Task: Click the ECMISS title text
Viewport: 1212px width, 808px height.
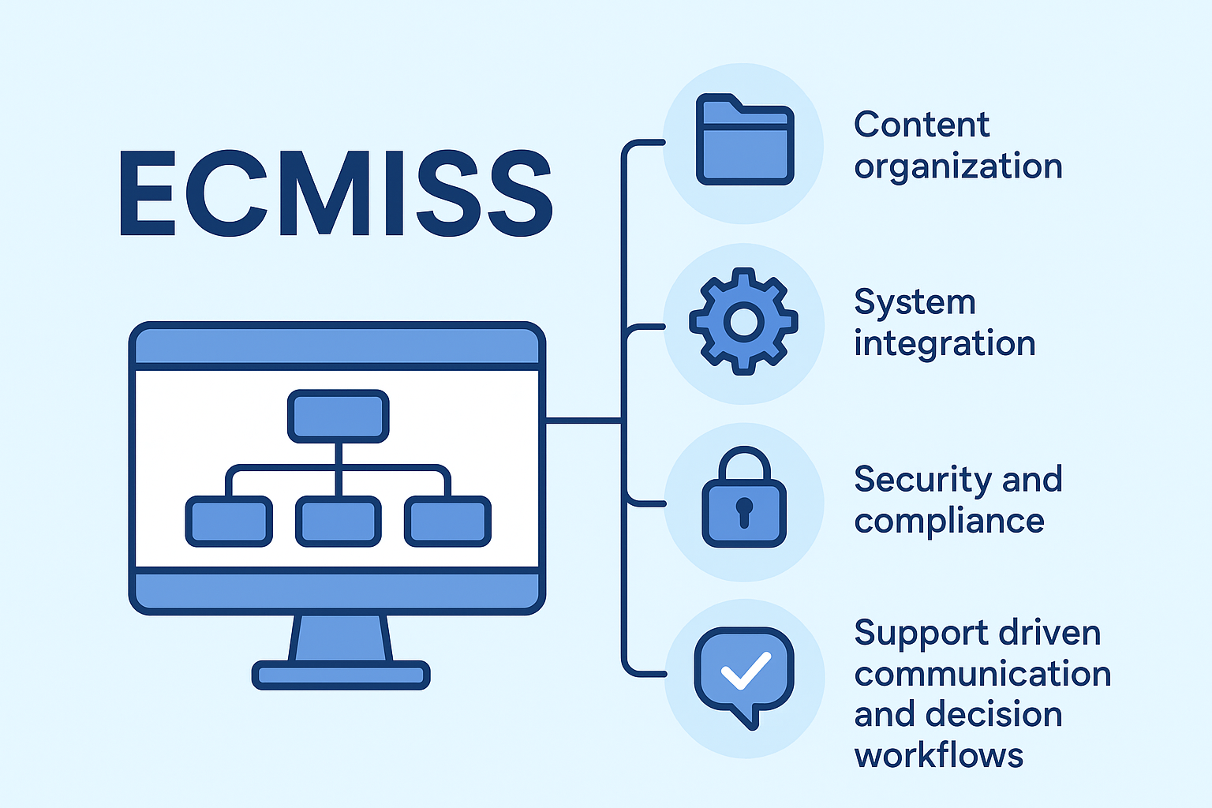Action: (336, 193)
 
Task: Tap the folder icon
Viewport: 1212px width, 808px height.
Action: (744, 142)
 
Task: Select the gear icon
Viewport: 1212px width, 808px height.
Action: (743, 322)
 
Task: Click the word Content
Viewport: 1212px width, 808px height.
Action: (921, 125)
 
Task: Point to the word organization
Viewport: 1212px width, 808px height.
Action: (958, 167)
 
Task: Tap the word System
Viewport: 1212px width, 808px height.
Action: (915, 302)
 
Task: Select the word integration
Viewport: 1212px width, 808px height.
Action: (945, 344)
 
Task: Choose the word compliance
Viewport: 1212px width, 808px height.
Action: (949, 522)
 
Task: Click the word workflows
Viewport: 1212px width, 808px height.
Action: (939, 756)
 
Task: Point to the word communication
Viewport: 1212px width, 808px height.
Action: (982, 674)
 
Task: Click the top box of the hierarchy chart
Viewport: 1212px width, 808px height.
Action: (339, 416)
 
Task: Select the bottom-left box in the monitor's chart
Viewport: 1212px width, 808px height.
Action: (229, 522)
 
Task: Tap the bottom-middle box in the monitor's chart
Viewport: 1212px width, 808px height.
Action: (339, 522)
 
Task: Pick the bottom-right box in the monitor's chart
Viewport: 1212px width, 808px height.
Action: (447, 522)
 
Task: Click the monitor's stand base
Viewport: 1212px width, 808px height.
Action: (341, 675)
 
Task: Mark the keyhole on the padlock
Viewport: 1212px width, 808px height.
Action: (744, 511)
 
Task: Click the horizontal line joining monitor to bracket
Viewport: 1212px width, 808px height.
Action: (584, 421)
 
